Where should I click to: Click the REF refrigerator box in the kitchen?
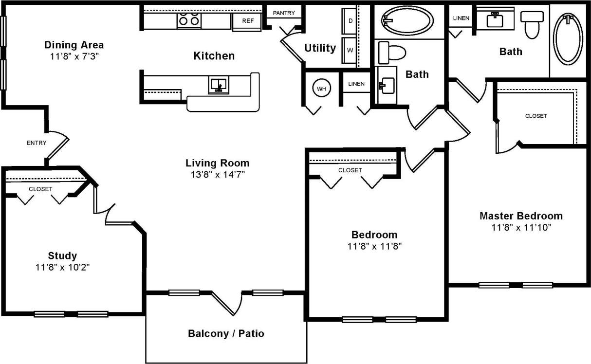click(248, 21)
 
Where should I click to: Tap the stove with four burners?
click(189, 20)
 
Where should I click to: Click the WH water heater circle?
click(322, 89)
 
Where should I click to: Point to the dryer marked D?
click(350, 21)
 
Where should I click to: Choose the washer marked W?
click(350, 50)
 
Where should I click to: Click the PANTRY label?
click(284, 13)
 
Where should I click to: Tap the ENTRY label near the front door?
click(37, 143)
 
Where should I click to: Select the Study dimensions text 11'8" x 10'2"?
click(62, 267)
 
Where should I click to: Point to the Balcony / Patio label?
click(226, 333)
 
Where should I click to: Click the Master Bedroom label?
click(521, 216)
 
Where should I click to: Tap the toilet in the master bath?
click(532, 24)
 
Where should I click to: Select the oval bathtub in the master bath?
click(568, 38)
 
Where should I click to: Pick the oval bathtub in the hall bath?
click(407, 21)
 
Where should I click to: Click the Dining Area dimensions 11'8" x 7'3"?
click(74, 56)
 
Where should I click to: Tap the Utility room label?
click(320, 48)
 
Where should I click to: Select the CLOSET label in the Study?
click(40, 189)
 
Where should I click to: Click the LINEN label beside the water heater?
click(356, 84)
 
